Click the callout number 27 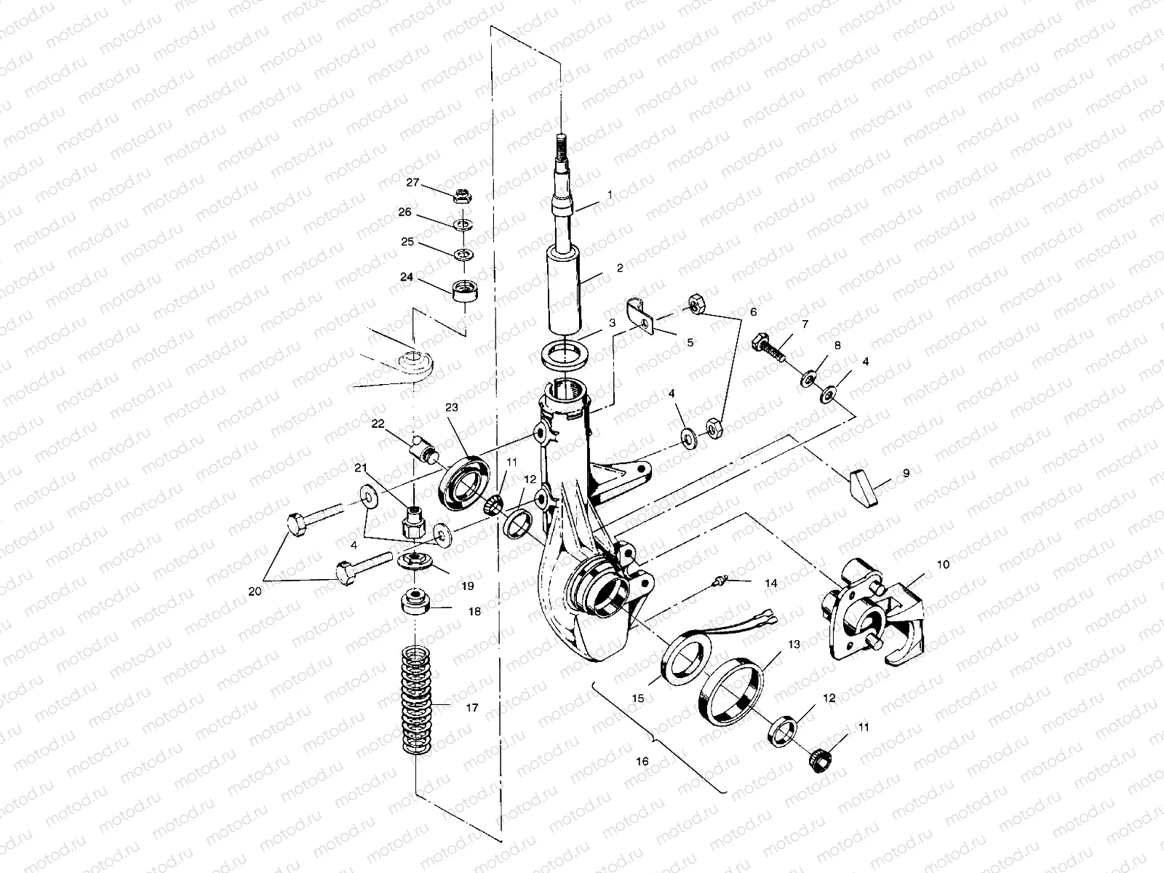(413, 183)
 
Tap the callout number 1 (610, 196)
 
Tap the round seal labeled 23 (459, 479)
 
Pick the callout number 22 (378, 423)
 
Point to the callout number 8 (837, 346)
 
